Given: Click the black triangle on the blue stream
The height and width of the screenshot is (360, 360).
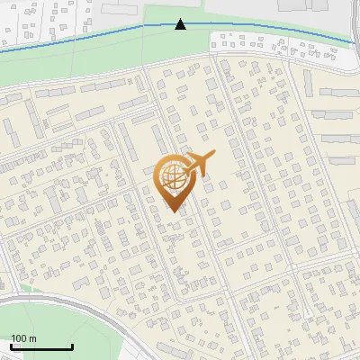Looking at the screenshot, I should click(181, 24).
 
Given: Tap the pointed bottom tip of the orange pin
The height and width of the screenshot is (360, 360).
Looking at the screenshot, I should click(171, 211).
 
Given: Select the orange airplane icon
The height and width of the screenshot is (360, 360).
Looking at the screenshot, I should click(197, 165).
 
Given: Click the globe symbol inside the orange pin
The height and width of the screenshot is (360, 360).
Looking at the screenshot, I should click(171, 179).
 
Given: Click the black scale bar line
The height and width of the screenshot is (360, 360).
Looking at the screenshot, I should click(41, 347).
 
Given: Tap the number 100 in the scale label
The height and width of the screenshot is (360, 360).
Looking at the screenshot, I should click(19, 338).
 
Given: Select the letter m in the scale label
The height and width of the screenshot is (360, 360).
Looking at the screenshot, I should click(32, 338).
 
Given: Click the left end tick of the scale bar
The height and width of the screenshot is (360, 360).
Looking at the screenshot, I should click(11, 346).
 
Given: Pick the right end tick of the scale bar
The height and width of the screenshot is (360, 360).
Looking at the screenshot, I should click(72, 346).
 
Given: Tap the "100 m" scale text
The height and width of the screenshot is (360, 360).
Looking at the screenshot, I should click(24, 338).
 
